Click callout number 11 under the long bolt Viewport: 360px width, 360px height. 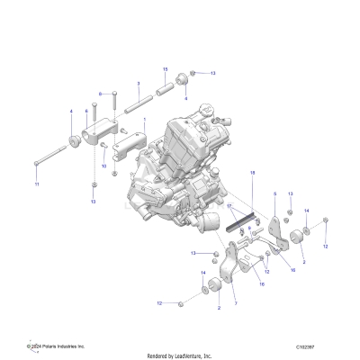pos(37,184)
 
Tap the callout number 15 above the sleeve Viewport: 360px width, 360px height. pos(165,69)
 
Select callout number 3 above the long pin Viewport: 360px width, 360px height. pos(138,84)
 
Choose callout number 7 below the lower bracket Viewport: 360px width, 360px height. pos(236,305)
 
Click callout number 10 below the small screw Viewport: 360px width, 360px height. pos(104,166)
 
